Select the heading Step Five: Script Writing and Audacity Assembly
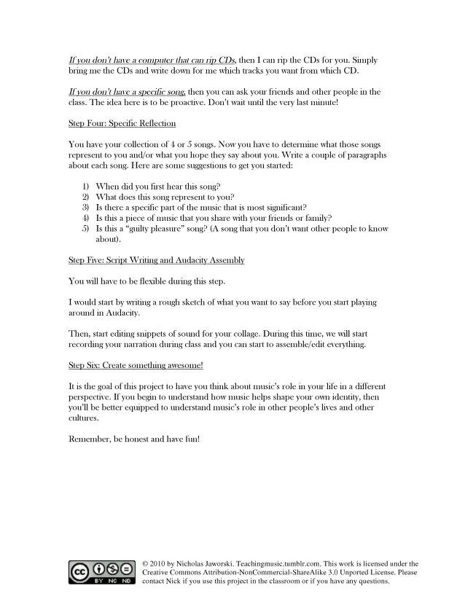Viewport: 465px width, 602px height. (x=157, y=260)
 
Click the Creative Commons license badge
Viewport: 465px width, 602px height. (x=102, y=573)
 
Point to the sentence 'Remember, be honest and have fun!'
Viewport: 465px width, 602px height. (x=134, y=439)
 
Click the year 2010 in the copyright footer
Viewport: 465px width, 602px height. (x=160, y=563)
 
